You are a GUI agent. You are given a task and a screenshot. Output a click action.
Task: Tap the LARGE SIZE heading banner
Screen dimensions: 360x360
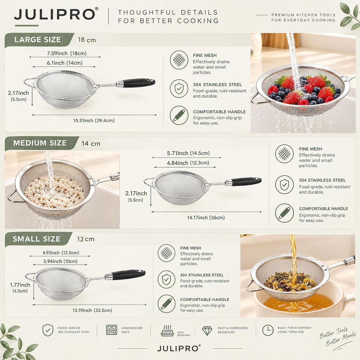point(39,40)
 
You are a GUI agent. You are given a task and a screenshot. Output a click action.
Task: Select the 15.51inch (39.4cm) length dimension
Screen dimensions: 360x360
point(94,121)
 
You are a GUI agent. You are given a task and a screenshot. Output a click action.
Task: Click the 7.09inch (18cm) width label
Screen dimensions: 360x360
point(67,53)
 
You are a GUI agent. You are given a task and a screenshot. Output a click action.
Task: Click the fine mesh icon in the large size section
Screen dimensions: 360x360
point(179,60)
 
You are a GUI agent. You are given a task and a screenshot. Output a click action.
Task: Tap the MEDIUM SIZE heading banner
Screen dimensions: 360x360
point(41,143)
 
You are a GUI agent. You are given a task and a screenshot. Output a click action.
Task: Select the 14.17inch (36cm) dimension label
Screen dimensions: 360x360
point(206,217)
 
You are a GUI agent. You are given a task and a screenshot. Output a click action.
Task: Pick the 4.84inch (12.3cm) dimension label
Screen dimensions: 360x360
point(188,163)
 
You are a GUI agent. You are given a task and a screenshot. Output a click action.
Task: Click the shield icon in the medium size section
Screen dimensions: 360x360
point(284,184)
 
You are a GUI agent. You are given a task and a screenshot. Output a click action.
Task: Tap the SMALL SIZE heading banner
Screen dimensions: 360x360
point(38,239)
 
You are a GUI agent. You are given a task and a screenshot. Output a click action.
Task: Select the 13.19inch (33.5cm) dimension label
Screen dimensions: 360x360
point(92,310)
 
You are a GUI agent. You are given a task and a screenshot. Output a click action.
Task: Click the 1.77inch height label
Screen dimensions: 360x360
point(20,285)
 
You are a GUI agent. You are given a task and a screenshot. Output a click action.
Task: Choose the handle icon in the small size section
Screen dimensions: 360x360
point(166,304)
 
